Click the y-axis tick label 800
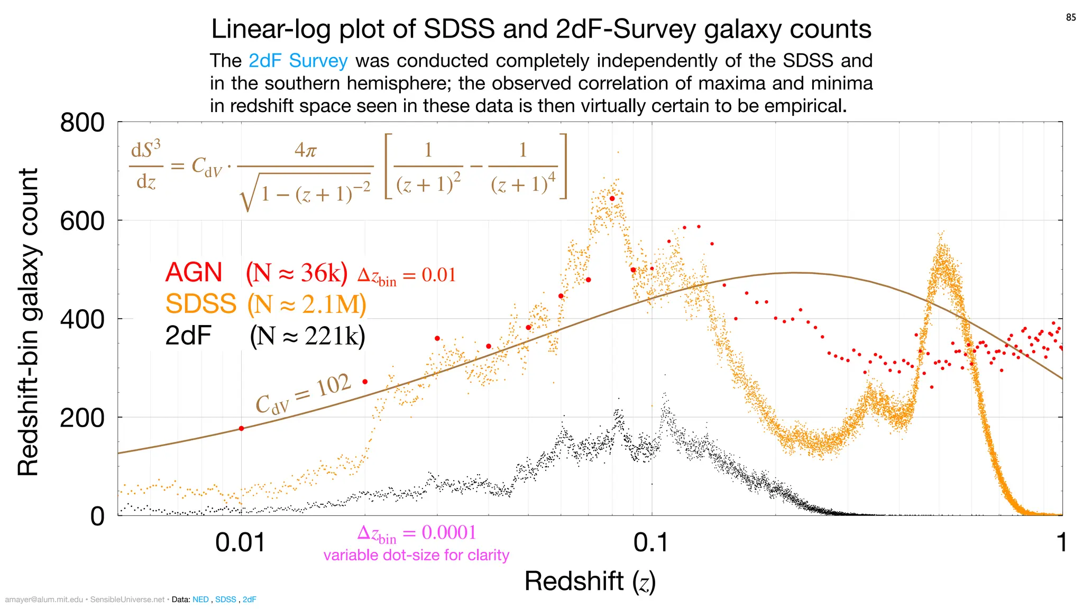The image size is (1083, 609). [82, 123]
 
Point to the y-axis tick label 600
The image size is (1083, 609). [82, 221]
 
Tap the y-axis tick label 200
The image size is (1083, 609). [82, 418]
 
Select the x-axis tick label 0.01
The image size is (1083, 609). [240, 543]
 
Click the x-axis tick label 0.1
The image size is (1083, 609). [651, 543]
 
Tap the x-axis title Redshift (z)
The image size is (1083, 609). [590, 581]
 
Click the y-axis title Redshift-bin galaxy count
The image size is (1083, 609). [27, 322]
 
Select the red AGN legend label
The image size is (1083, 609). [194, 273]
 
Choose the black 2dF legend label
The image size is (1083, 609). [188, 335]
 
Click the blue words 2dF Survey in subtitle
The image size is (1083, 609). [298, 61]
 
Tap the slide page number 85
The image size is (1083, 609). [1070, 17]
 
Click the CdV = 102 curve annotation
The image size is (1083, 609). [303, 394]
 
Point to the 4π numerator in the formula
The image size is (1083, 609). [306, 151]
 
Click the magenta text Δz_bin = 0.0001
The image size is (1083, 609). [417, 533]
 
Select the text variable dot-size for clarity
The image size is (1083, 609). [416, 555]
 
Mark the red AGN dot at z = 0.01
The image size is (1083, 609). [242, 428]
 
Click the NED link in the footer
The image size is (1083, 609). [200, 599]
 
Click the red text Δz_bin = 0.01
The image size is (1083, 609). [406, 275]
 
